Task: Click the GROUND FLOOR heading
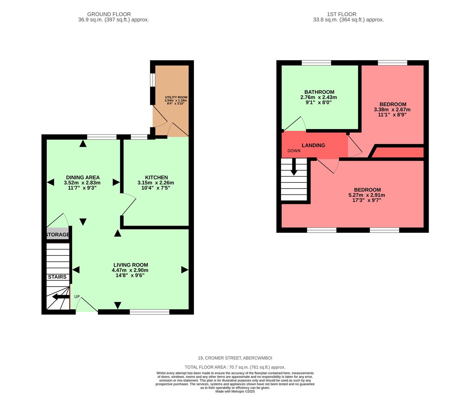[x=109, y=14]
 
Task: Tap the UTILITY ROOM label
[x=176, y=98]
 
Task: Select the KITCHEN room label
[x=156, y=177]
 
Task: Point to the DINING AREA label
[x=83, y=177]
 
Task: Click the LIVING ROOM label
[x=130, y=265]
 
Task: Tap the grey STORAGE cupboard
[x=58, y=234]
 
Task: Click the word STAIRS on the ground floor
[x=57, y=277]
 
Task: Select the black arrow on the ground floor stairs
[x=60, y=297]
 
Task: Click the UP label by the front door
[x=77, y=297]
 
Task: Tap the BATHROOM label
[x=319, y=92]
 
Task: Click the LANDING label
[x=313, y=145]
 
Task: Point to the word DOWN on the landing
[x=294, y=151]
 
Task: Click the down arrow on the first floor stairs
[x=294, y=168]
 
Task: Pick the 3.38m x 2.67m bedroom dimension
[x=392, y=109]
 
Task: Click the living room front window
[x=150, y=312]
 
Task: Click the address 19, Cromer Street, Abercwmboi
[x=235, y=358]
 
